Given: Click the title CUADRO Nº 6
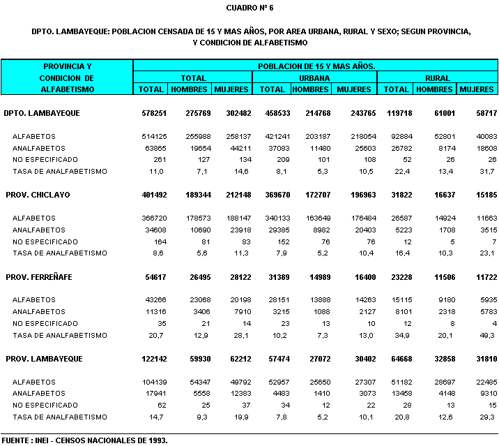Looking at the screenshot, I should (249, 8).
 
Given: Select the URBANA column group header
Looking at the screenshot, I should (315, 77).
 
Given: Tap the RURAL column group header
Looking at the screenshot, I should (437, 77).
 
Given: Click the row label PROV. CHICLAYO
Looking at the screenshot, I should (40, 194).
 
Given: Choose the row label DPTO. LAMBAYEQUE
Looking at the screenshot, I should (42, 112).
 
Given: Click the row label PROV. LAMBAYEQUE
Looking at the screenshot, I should (44, 359).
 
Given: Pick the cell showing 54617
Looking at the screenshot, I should (153, 277).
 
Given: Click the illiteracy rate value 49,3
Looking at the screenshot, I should (486, 335).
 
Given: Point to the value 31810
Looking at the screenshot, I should (482, 359).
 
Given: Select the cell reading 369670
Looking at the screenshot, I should (272, 194).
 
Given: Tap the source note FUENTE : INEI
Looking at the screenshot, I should (84, 440).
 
